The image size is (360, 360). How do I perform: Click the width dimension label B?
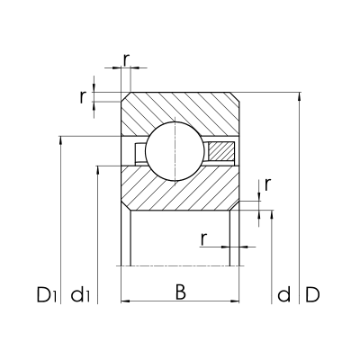180,292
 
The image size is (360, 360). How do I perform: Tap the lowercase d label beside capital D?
284,294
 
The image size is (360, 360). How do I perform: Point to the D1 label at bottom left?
47,294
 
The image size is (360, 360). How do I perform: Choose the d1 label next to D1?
80,294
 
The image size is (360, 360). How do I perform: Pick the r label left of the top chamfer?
82,97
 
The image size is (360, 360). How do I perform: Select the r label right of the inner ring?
267,186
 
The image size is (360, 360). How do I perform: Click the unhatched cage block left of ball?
139,150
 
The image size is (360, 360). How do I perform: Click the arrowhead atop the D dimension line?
299,94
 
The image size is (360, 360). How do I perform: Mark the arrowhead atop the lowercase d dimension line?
271,217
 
